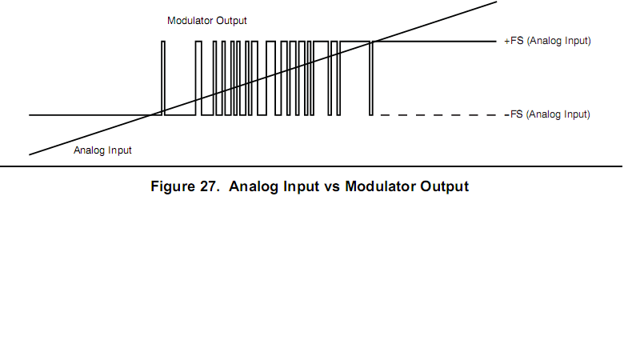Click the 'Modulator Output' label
point(207,19)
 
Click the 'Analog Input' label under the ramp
point(102,150)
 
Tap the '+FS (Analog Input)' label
point(547,41)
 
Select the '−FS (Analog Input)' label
point(547,115)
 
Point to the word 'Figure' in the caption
point(173,187)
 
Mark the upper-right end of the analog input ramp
point(496,2)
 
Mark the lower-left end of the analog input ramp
point(30,154)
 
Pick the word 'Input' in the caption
point(298,187)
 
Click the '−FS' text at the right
point(513,115)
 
